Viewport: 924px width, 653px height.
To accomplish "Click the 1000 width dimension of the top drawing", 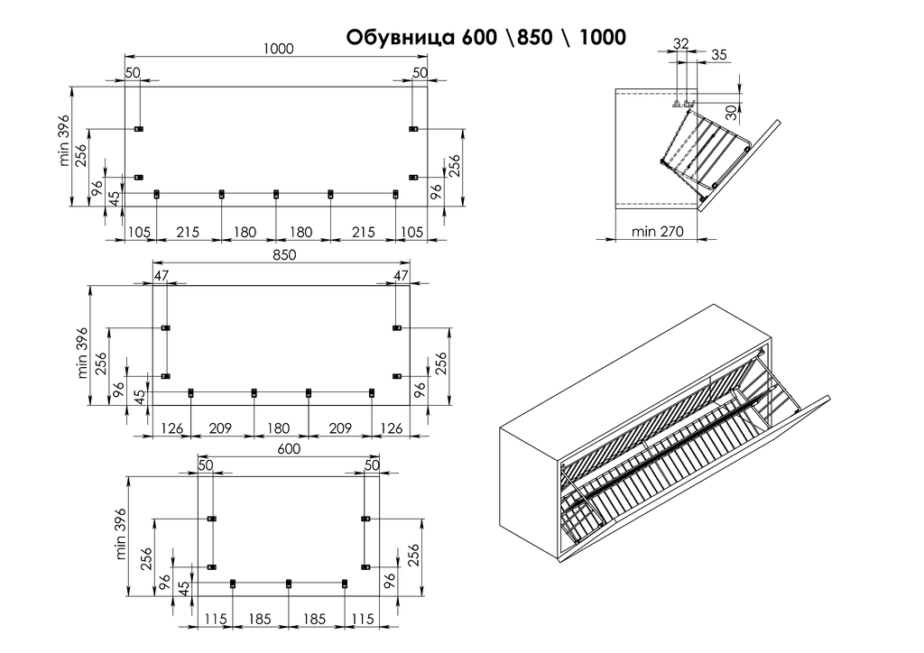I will tap(279, 50).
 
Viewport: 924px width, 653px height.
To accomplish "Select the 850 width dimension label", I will tap(284, 255).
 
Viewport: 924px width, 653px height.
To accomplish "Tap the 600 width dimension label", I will tap(288, 448).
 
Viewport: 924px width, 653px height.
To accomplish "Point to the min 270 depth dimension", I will tap(658, 232).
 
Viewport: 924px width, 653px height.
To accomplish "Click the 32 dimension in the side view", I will tap(680, 42).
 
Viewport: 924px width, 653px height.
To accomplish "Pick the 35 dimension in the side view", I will tap(718, 56).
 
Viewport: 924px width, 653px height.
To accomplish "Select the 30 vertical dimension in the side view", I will tap(731, 112).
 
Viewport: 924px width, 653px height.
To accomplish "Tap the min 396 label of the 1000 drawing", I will tap(64, 143).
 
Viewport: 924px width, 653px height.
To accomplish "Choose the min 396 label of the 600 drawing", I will tap(122, 534).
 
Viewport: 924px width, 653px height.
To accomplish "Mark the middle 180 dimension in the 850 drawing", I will tap(280, 428).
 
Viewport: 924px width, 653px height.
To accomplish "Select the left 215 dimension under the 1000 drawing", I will tap(188, 233).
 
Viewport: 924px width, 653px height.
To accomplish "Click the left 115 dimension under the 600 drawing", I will tap(214, 621).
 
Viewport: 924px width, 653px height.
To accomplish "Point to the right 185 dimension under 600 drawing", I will tap(316, 621).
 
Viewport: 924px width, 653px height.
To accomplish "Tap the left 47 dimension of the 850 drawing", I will tap(162, 275).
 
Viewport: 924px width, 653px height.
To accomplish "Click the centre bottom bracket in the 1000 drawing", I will tap(276, 194).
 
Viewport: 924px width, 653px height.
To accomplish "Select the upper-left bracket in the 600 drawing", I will tap(212, 519).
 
